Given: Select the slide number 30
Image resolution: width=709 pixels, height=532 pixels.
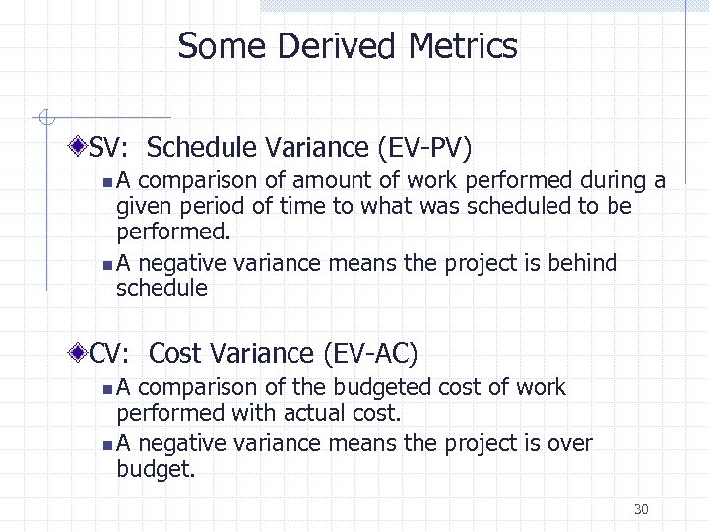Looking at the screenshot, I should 641,509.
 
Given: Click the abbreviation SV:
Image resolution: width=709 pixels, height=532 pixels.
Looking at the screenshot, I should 113,148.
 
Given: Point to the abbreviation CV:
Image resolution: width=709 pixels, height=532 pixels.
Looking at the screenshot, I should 114,353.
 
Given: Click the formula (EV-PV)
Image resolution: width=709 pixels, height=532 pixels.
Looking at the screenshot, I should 424,148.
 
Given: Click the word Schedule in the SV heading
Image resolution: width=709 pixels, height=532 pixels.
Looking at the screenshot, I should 205,148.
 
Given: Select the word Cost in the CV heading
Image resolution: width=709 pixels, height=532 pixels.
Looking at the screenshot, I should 175,353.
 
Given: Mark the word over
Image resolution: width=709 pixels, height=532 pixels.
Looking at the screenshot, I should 572,444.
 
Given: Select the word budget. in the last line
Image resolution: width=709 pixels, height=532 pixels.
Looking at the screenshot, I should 157,470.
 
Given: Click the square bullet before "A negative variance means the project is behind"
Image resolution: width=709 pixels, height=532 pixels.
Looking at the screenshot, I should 106,265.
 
